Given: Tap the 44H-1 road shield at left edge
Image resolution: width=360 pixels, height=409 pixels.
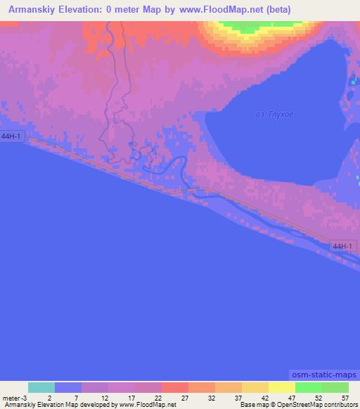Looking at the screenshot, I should tap(12, 136).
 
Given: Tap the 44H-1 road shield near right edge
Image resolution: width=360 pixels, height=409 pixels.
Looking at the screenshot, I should tap(344, 246).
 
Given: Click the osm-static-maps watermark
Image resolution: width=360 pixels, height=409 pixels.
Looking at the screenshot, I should tap(324, 375).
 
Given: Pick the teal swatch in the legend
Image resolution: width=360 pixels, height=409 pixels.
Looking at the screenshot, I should tap(41, 387).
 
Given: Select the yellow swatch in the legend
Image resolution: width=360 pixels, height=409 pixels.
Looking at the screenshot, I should tap(282, 387).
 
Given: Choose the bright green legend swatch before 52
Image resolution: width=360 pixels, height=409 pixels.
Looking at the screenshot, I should tap(309, 387).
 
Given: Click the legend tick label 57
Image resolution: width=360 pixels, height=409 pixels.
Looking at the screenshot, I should tap(344, 397).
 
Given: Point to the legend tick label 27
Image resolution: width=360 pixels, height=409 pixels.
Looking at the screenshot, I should tap(184, 397).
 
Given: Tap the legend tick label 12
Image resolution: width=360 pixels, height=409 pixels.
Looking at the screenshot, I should tap(103, 397).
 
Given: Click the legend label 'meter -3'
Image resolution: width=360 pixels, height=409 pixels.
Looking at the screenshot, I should tap(15, 397).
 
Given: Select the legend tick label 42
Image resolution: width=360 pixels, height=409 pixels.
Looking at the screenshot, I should tap(264, 397).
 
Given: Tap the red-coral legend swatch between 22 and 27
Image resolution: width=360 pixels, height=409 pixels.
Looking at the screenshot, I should tap(175, 387).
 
